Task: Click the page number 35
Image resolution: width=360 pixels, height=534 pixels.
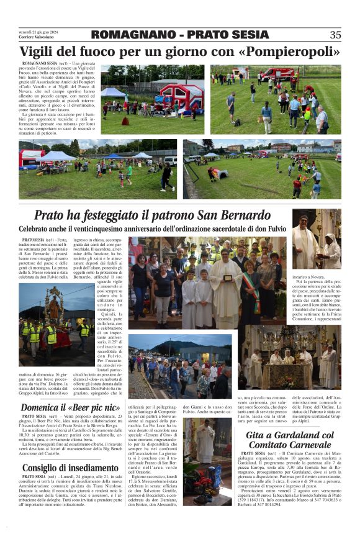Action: (335, 35)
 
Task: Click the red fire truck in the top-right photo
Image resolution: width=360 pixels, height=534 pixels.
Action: (277, 74)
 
